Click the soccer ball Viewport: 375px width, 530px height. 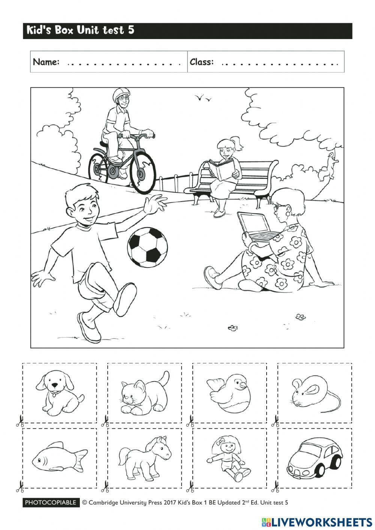pos(147,248)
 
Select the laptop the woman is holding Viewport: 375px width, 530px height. pos(256,227)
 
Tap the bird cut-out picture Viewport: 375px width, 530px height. pos(229,393)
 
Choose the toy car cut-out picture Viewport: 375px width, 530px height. pos(314,458)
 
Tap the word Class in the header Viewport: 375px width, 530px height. pos(202,62)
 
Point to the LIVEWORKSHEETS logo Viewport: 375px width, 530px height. pos(317,522)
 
